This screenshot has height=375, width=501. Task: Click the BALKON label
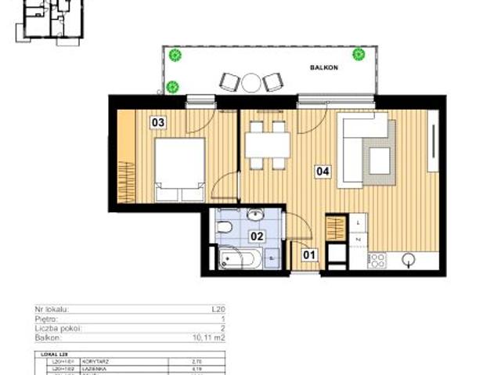pyautogui.click(x=323, y=69)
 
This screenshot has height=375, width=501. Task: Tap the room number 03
pyautogui.click(x=158, y=122)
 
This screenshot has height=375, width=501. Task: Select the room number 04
pyautogui.click(x=322, y=170)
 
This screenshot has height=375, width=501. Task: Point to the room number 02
pyautogui.click(x=256, y=234)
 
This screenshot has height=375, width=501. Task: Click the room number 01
pyautogui.click(x=308, y=253)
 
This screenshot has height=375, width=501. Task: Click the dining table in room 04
pyautogui.click(x=268, y=145)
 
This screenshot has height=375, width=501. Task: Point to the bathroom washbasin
pyautogui.click(x=254, y=214)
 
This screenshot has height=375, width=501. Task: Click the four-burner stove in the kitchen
pyautogui.click(x=377, y=259)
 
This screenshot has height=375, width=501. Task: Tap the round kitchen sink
pyautogui.click(x=409, y=259)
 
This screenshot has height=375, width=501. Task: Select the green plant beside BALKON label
pyautogui.click(x=359, y=54)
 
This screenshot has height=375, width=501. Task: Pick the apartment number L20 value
pyautogui.click(x=218, y=311)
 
